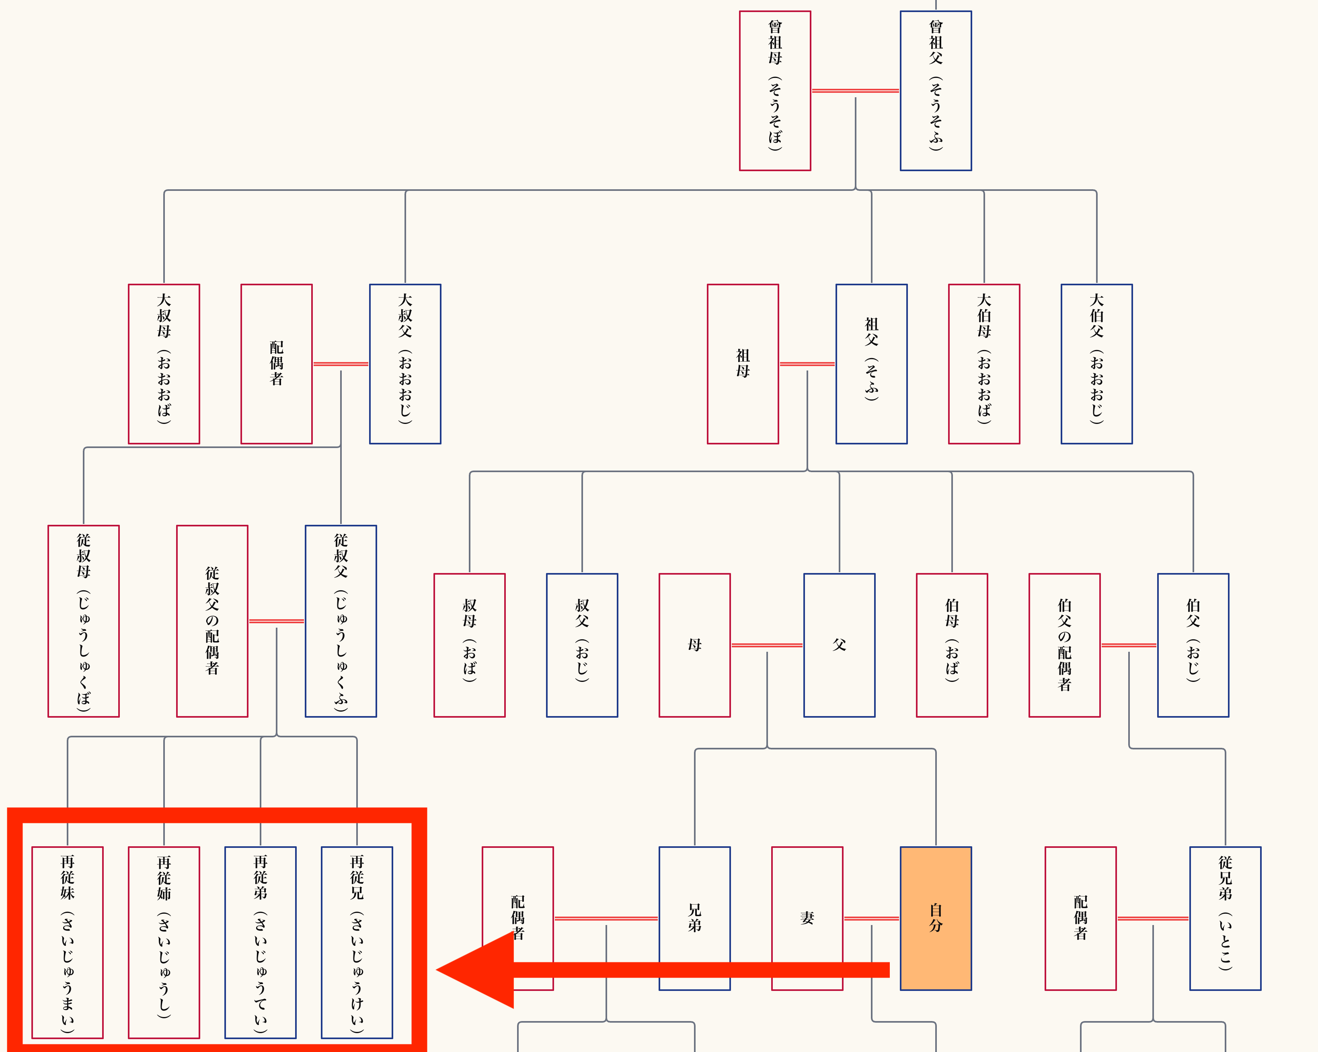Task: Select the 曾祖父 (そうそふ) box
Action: (935, 90)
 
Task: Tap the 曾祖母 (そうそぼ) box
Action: (774, 90)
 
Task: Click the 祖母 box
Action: (743, 364)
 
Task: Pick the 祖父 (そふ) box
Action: (871, 364)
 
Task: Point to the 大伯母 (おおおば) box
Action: (983, 364)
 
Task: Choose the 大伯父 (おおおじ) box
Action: (1096, 364)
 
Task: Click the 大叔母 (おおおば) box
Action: (164, 364)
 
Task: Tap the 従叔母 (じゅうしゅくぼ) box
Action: (84, 621)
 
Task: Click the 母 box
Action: (694, 645)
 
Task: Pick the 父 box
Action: (839, 645)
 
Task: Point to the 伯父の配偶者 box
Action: (1064, 645)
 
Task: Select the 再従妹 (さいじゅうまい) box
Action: (67, 942)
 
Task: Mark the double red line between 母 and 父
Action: (767, 645)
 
